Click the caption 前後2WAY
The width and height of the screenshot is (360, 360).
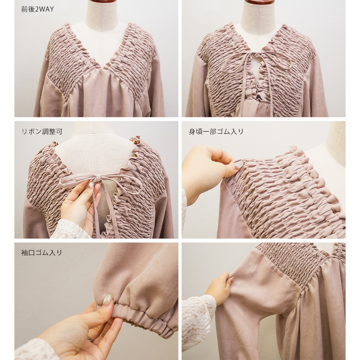pyautogui.click(x=37, y=9)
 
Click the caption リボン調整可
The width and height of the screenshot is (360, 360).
pyautogui.click(x=42, y=131)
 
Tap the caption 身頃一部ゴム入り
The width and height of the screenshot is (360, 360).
pyautogui.click(x=216, y=131)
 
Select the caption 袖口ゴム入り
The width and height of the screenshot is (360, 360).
pyautogui.click(x=42, y=253)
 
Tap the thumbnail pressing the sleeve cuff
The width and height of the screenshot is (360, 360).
pyautogui.click(x=107, y=300)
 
